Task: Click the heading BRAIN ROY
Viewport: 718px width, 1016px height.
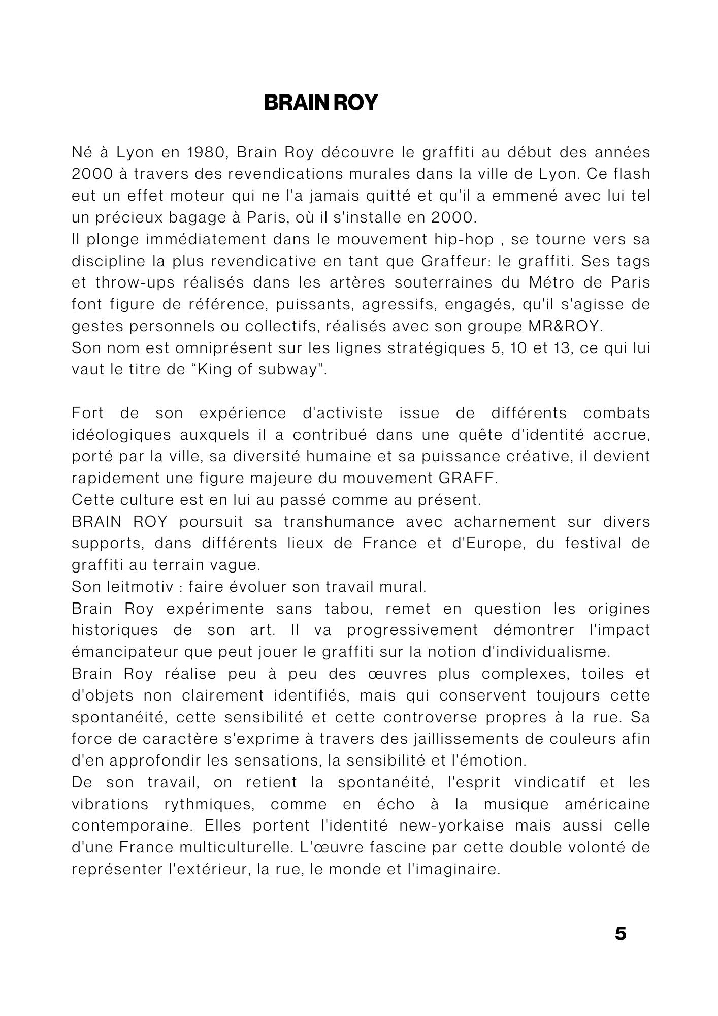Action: tap(320, 103)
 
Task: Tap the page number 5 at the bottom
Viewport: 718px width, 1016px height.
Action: tap(620, 934)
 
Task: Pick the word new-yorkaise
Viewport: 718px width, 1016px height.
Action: tap(451, 825)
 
